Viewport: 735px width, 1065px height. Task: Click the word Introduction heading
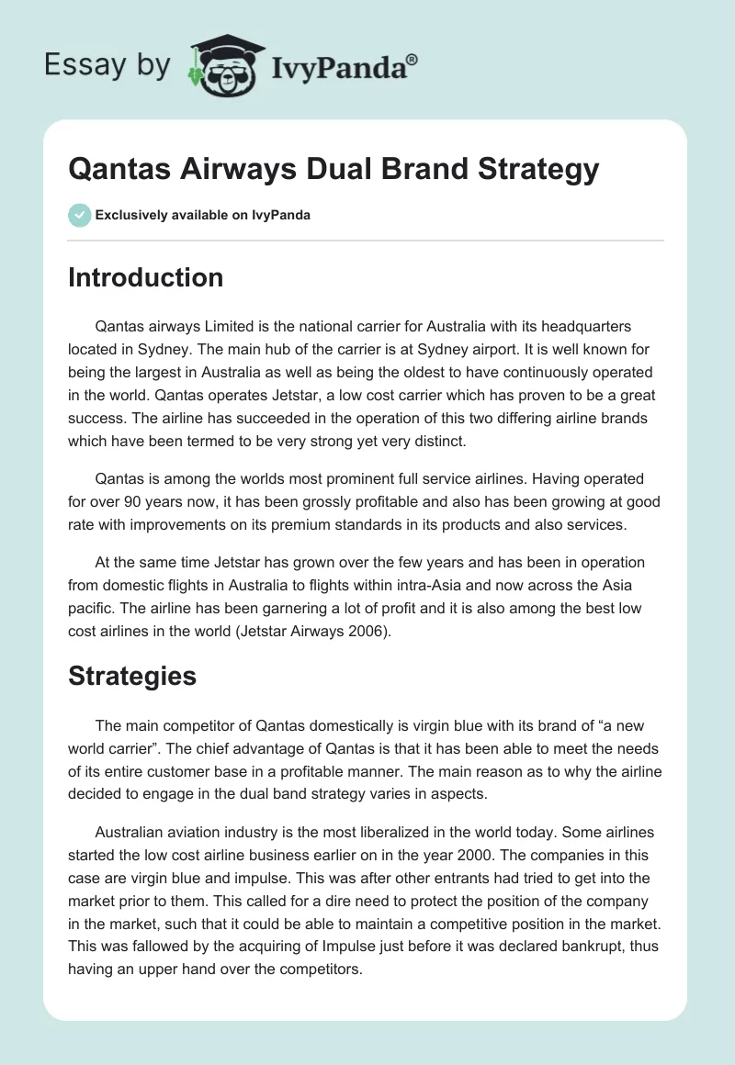pos(145,277)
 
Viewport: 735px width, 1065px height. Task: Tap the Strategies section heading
pos(132,676)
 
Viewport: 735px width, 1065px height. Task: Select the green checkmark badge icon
pos(79,215)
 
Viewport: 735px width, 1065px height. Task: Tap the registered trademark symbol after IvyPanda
pos(413,58)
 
